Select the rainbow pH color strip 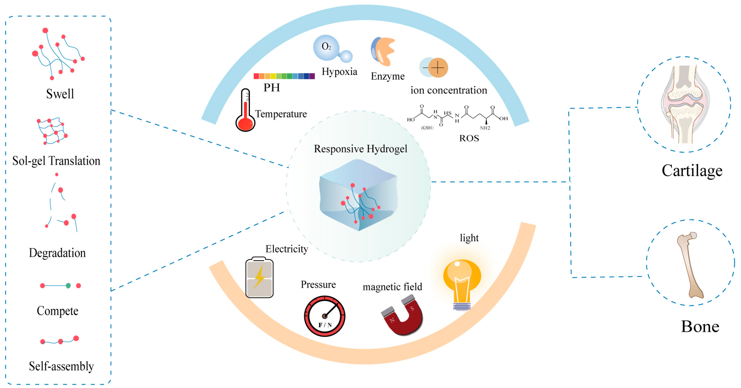click(x=284, y=76)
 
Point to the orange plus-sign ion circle click(x=438, y=68)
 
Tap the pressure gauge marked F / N click(x=324, y=316)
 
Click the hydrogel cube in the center click(x=358, y=196)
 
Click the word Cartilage click(x=692, y=170)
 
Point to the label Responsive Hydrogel click(x=361, y=149)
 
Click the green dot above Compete click(x=68, y=286)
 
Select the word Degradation click(x=57, y=253)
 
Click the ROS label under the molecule click(x=469, y=138)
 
